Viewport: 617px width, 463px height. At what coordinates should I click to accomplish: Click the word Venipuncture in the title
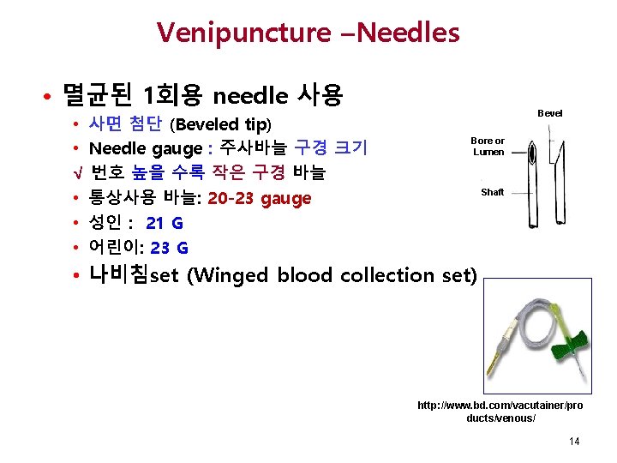pyautogui.click(x=244, y=33)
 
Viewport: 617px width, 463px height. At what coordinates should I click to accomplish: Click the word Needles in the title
pyautogui.click(x=410, y=33)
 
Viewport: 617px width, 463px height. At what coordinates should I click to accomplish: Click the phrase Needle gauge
pyautogui.click(x=138, y=148)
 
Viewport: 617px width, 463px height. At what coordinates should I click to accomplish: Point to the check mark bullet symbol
pyautogui.click(x=77, y=173)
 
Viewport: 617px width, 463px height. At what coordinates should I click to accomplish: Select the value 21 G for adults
pyautogui.click(x=165, y=224)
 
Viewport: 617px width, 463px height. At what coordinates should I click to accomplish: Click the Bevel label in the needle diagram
pyautogui.click(x=549, y=113)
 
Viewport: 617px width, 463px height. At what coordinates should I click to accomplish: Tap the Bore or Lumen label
pyautogui.click(x=488, y=147)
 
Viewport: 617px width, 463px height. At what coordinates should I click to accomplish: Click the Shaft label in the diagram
pyautogui.click(x=492, y=192)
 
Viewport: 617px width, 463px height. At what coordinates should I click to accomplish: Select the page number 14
pyautogui.click(x=573, y=442)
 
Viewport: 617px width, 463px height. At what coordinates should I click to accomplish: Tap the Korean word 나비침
pyautogui.click(x=119, y=275)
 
